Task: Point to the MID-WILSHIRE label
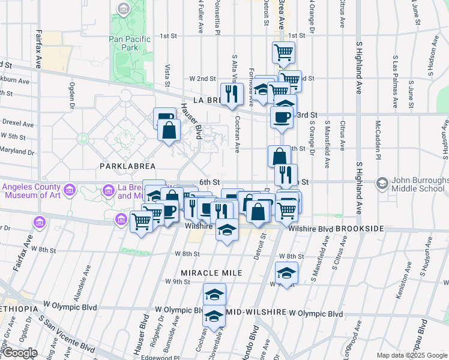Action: pyautogui.click(x=256, y=313)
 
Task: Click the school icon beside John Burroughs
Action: pyautogui.click(x=382, y=182)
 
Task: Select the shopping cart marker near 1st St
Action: pyautogui.click(x=283, y=52)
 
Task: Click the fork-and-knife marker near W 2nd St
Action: pyautogui.click(x=229, y=92)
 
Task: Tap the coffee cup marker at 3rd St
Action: pyautogui.click(x=281, y=117)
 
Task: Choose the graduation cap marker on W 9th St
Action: pyautogui.click(x=286, y=273)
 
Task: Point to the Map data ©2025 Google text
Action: pyautogui.click(x=412, y=355)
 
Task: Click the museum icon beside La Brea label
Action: pyautogui.click(x=109, y=191)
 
